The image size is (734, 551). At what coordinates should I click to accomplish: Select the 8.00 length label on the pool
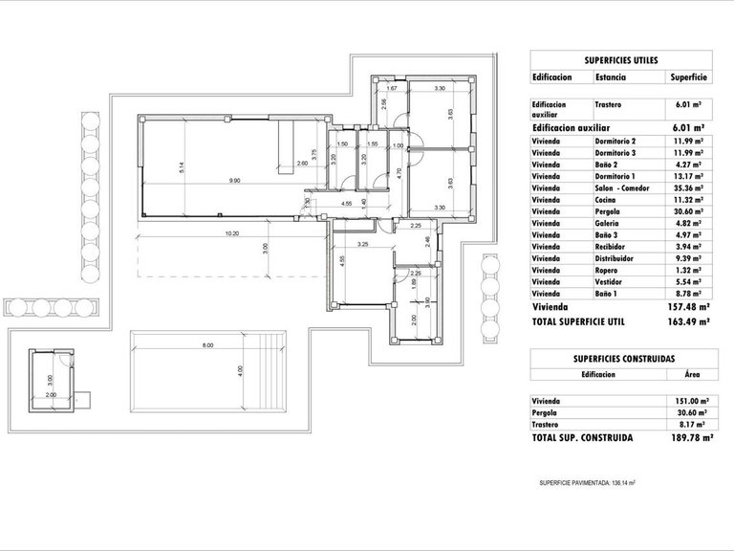pyautogui.click(x=207, y=346)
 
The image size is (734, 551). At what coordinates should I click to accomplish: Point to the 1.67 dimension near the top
pyautogui.click(x=392, y=89)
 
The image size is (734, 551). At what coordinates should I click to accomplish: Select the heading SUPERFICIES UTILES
pyautogui.click(x=620, y=59)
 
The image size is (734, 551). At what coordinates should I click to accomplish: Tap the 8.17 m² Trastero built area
pyautogui.click(x=688, y=424)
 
